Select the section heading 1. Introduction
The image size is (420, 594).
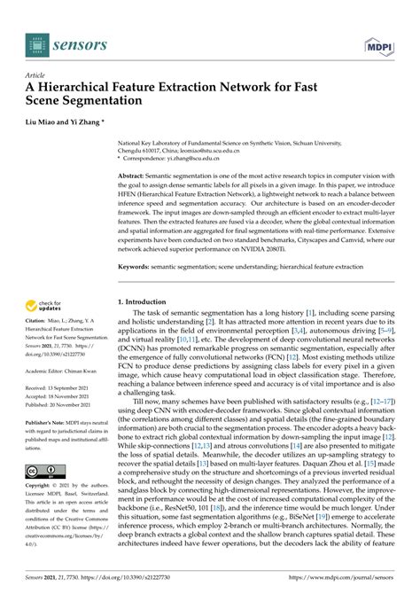(x=146, y=303)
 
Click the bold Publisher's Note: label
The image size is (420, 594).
(x=48, y=422)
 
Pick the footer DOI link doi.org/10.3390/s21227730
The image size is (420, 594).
(x=134, y=574)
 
